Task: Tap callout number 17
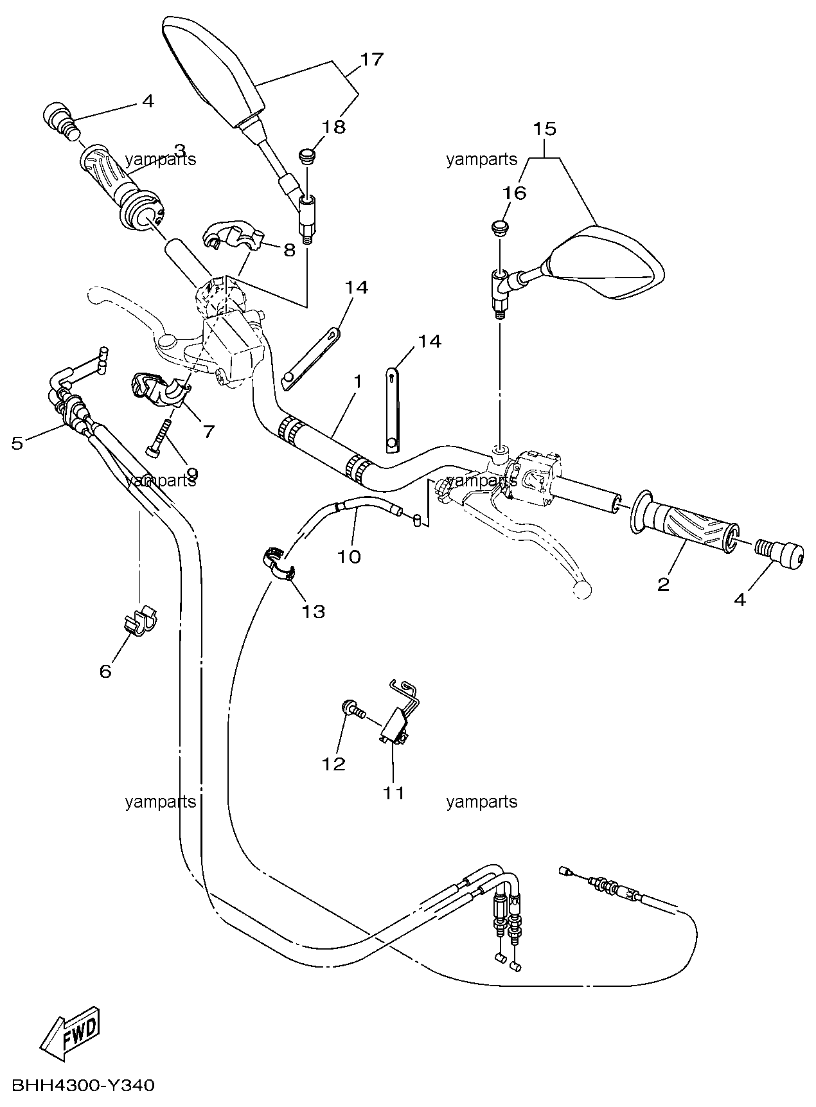coord(371,60)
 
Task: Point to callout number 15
coord(544,128)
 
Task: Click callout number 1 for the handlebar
coord(357,382)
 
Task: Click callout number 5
coord(17,443)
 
